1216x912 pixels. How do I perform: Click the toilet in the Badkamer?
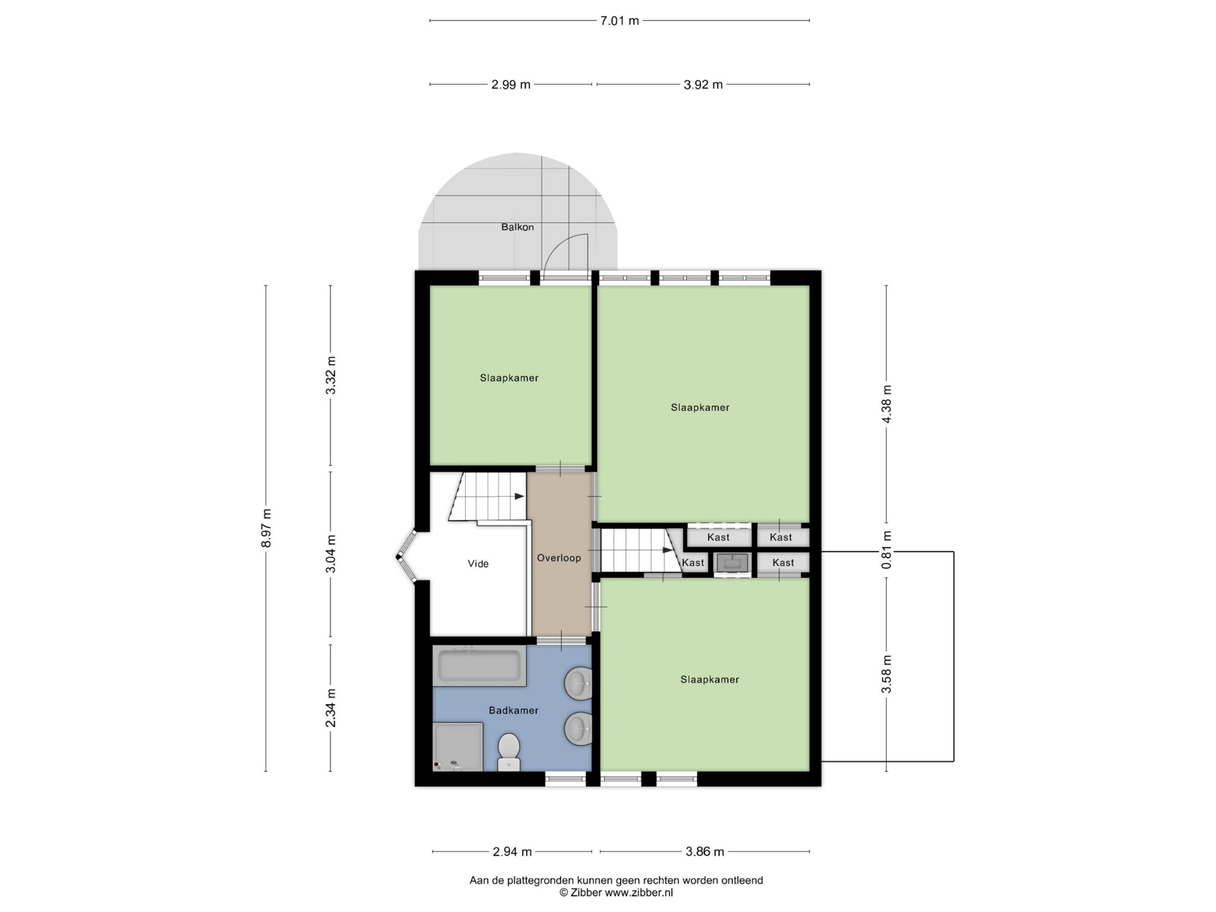(509, 751)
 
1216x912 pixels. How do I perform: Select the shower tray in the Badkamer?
(458, 747)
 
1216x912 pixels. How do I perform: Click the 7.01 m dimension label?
(619, 21)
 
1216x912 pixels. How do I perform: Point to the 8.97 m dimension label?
(266, 528)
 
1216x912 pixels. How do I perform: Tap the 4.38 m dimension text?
(886, 404)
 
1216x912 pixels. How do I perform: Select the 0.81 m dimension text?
(886, 550)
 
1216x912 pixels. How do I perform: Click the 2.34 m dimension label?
(331, 708)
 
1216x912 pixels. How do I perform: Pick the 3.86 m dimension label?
(705, 852)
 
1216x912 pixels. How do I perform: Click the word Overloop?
(559, 558)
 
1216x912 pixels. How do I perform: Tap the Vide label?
(478, 563)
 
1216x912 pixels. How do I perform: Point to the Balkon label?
(517, 227)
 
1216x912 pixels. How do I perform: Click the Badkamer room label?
(513, 710)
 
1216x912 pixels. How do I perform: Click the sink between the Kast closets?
(732, 563)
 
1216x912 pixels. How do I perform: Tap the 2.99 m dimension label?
(511, 85)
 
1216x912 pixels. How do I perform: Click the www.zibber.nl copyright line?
(616, 893)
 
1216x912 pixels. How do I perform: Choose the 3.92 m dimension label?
(703, 85)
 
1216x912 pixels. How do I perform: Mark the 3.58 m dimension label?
(886, 674)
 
